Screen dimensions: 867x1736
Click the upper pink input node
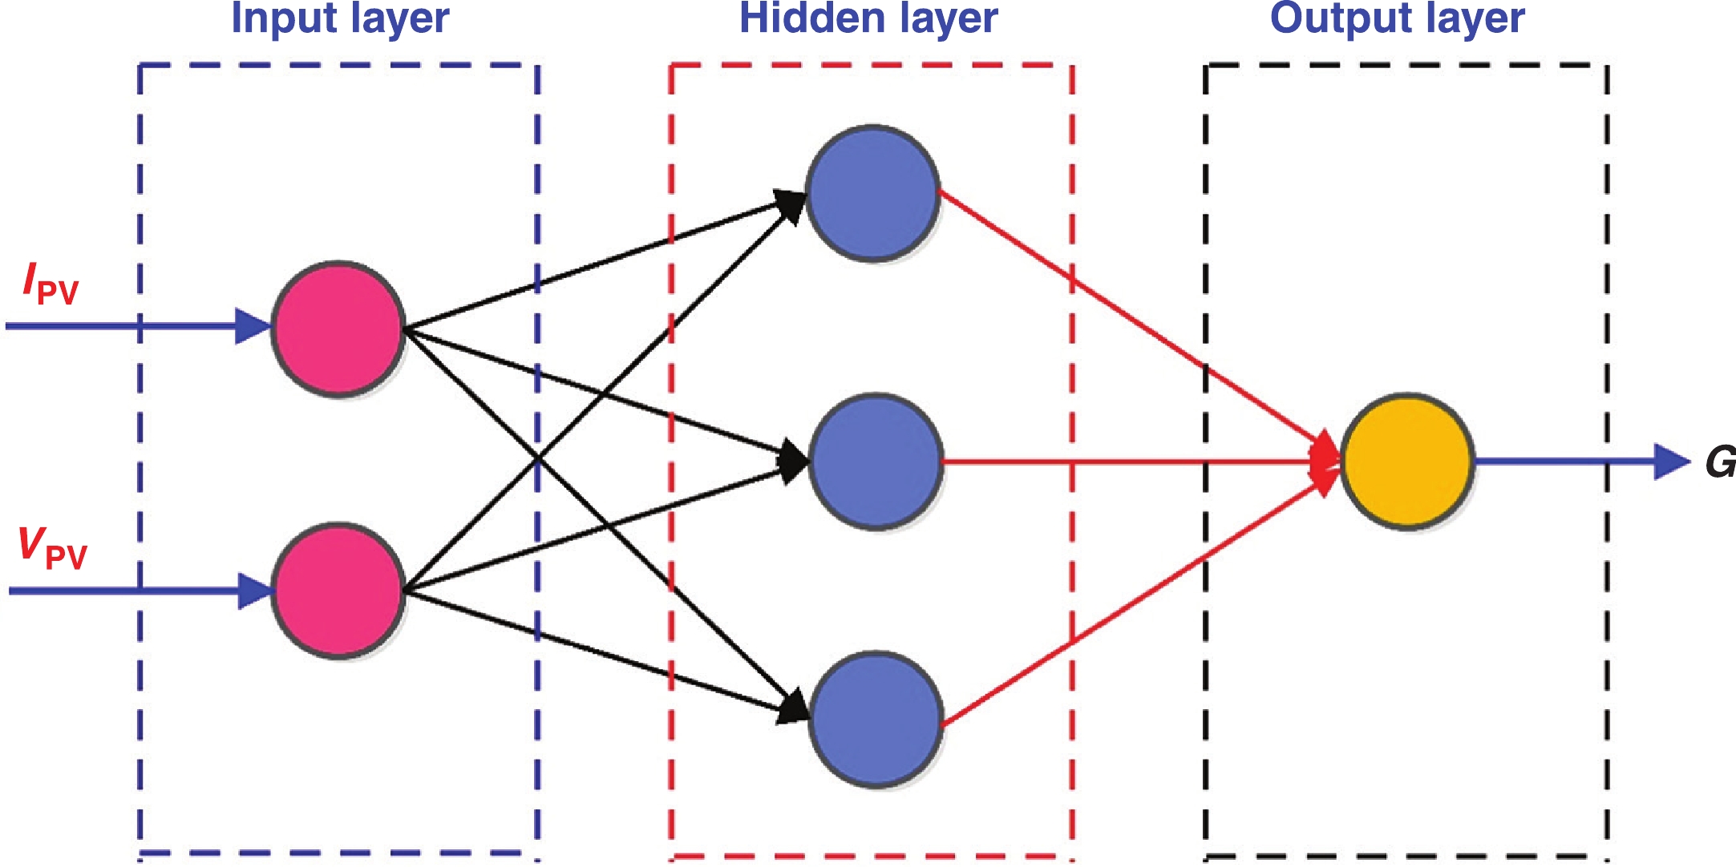point(338,328)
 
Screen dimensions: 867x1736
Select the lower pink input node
point(338,591)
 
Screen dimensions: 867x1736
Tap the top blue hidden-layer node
point(872,192)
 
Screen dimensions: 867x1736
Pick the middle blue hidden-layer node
point(876,461)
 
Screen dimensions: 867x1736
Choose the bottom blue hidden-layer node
point(876,719)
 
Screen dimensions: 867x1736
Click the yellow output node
point(1407,461)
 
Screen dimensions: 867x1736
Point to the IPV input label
point(51,285)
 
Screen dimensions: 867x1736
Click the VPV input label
point(52,549)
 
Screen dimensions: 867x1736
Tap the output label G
point(1720,462)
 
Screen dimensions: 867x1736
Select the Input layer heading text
point(340,18)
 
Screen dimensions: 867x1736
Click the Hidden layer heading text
point(868,18)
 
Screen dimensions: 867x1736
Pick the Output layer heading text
point(1397,18)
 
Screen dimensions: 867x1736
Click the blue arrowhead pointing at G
point(1671,462)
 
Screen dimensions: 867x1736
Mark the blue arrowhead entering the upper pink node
point(253,327)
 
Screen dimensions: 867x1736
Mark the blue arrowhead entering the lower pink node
point(255,591)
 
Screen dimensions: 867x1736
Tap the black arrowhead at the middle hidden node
point(794,461)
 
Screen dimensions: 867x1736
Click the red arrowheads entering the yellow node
point(1325,462)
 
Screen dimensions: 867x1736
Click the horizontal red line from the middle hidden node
point(1123,462)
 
